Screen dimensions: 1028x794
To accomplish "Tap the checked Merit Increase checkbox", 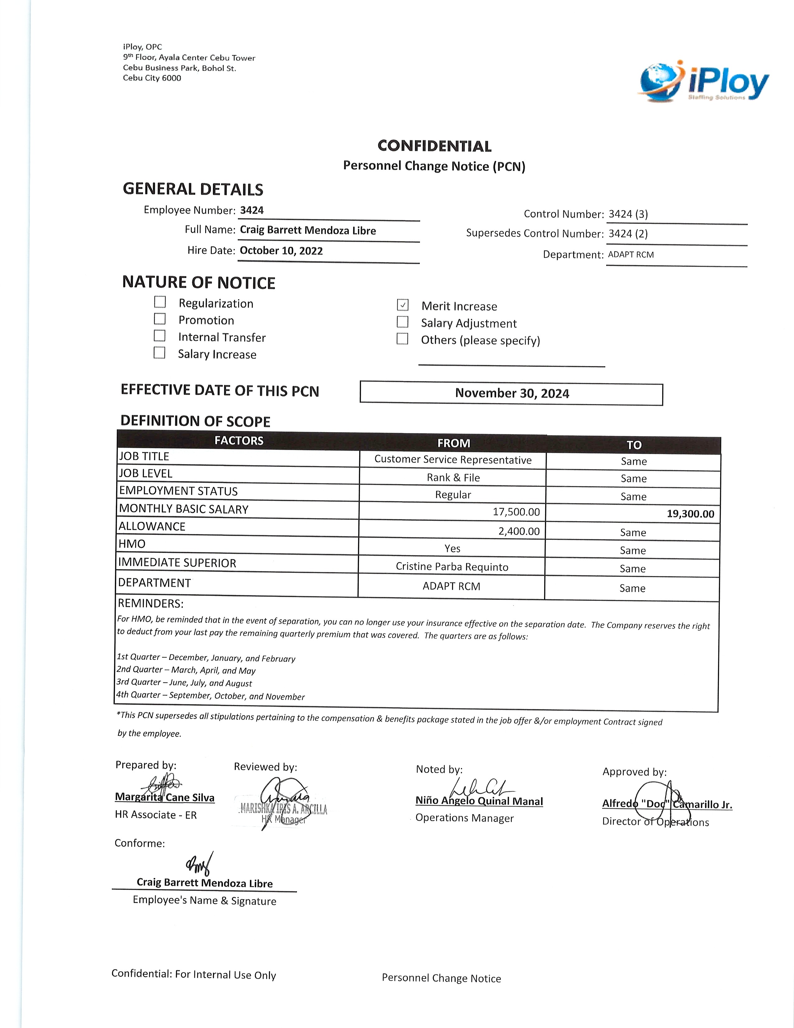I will pos(403,305).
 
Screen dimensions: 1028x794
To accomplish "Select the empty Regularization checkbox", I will pos(160,302).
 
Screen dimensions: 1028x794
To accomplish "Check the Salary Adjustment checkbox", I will pos(403,322).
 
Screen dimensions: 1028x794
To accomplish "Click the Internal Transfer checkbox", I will pos(160,336).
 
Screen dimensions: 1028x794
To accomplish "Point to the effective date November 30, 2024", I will pos(512,393).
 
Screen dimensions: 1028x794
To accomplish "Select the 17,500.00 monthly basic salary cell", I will pos(516,512).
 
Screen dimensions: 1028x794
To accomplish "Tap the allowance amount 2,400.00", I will pos(519,531).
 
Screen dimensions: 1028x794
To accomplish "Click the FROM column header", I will pos(453,443).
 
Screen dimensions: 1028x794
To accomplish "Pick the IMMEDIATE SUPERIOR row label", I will pos(177,563).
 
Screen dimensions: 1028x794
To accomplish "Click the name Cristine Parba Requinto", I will pos(452,567).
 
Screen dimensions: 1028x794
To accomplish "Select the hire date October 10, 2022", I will pos(281,250).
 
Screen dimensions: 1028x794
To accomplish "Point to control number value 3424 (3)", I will pos(628,214).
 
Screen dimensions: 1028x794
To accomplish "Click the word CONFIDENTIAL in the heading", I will pos(434,146).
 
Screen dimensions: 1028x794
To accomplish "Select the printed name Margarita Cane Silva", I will pos(165,797).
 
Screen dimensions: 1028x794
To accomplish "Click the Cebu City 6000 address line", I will pos(152,78).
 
